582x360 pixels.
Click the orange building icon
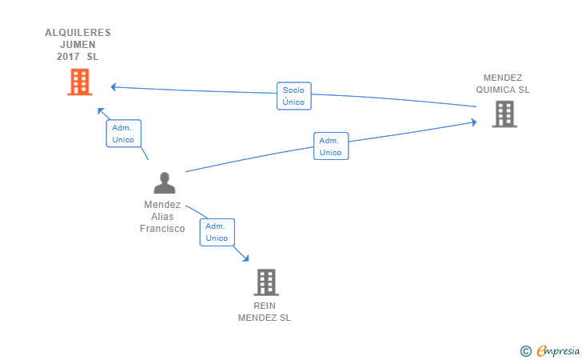coord(80,82)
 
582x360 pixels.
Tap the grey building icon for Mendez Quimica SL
coord(504,114)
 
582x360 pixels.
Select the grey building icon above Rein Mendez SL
coord(266,282)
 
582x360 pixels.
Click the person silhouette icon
coord(165,182)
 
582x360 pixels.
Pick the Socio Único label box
coord(294,96)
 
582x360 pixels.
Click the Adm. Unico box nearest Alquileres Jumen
coord(124,134)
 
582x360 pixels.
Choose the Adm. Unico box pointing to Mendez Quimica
coord(331,146)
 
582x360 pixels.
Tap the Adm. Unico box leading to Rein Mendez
coord(217,232)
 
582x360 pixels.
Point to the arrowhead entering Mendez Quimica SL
coord(474,122)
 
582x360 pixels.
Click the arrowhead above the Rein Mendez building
coord(245,258)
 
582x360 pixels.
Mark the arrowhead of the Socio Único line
coord(114,87)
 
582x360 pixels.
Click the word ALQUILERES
coord(78,33)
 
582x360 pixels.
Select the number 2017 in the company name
coord(68,57)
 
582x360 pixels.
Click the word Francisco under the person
coord(162,229)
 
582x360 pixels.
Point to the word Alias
coord(162,217)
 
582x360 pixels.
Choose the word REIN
coord(265,306)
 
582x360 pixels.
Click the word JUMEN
coord(78,45)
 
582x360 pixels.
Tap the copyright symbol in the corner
coord(525,351)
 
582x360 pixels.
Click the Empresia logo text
coord(558,350)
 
